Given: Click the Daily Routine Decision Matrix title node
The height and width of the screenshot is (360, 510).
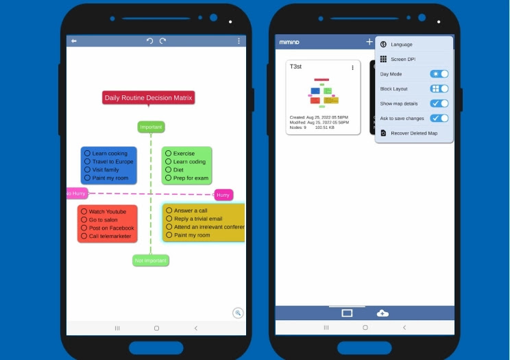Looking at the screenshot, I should point(148,98).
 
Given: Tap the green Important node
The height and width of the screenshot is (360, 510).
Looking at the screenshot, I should point(151,127).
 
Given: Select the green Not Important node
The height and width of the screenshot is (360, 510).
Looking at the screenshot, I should point(151,261).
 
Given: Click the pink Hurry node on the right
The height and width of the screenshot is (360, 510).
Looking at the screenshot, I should point(223,195).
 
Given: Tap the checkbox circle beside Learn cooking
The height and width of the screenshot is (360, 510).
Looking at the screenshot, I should point(87,154).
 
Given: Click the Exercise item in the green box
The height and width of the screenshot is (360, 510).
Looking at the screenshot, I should point(184,154).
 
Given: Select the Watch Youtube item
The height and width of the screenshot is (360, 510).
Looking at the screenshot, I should point(108,212).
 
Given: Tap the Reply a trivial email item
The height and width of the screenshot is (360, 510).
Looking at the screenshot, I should point(198,219).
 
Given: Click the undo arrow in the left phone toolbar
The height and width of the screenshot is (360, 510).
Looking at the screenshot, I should point(149,41).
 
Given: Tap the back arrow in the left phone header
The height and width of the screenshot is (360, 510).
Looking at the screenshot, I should point(74,41).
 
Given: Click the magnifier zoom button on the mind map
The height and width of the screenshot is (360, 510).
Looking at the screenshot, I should point(238,313).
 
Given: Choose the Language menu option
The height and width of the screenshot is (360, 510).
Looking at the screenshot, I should point(402,45).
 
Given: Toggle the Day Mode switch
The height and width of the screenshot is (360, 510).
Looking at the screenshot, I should point(439,74).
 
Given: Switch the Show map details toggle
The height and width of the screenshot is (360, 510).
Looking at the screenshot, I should point(439,104).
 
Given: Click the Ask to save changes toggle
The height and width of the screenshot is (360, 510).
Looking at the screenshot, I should point(439,118).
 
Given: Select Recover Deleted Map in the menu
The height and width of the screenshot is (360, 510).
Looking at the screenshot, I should point(413,133).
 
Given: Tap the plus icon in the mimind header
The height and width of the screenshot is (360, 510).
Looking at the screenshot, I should point(369,42).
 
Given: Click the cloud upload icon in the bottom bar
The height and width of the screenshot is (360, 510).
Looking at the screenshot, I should point(382,313).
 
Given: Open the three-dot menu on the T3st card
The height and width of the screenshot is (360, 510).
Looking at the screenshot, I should point(352,68).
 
